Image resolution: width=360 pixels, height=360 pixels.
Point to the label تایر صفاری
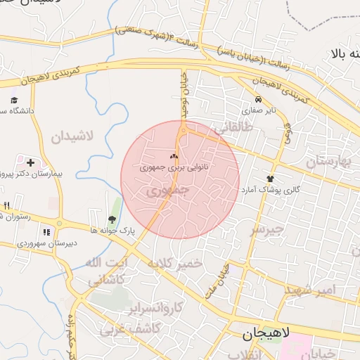coord(259,110)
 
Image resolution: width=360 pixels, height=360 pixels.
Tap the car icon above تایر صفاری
coord(259,100)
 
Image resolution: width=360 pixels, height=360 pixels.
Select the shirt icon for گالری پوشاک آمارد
coord(270,179)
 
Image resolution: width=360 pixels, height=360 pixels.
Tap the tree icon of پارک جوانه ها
coord(112,219)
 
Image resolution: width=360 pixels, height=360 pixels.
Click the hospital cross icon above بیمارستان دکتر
coord(30,162)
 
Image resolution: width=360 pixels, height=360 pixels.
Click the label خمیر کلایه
coord(174,264)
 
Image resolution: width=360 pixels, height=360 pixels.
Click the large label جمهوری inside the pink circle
coord(170,191)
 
